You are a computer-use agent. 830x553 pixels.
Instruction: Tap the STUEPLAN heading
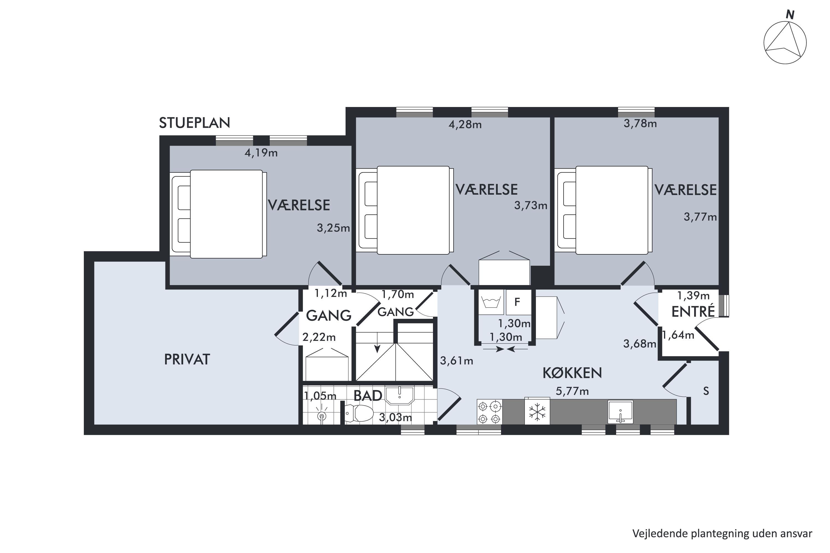(194, 123)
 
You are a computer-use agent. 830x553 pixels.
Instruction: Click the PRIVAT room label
(187, 359)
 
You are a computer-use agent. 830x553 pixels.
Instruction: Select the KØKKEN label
(572, 373)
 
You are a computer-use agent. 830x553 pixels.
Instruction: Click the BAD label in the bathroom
(368, 396)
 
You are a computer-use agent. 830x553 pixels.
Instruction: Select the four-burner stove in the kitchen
(490, 412)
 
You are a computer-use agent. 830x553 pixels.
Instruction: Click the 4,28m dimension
(465, 124)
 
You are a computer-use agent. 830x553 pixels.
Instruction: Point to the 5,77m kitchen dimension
(572, 391)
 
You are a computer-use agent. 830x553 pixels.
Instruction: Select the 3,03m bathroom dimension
(396, 418)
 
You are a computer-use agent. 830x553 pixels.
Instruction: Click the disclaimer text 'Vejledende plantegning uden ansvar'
(722, 534)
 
